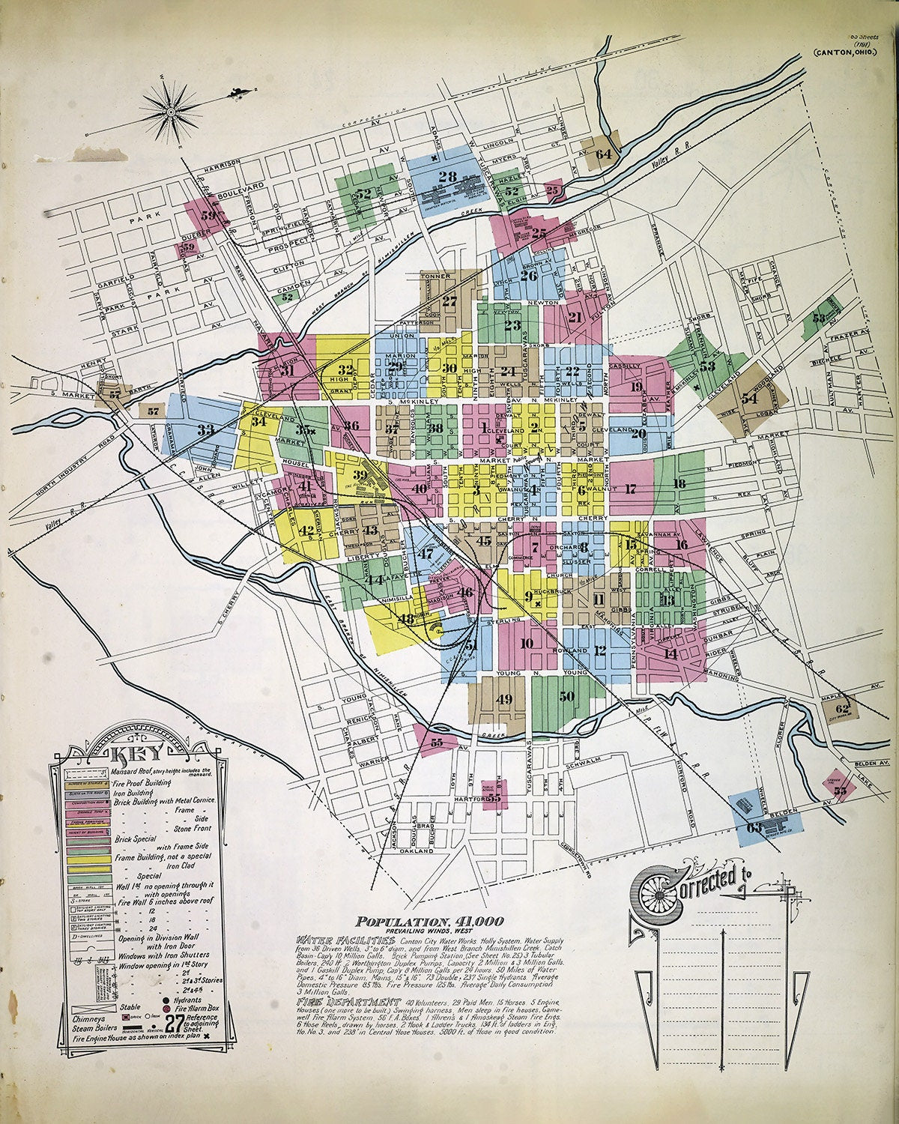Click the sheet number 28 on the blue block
tap(448, 177)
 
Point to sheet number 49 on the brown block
tap(504, 699)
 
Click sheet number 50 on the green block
tap(567, 696)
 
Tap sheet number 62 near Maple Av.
tap(843, 707)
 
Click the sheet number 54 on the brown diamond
tap(749, 399)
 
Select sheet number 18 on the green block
tap(679, 484)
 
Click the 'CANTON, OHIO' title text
tap(851, 73)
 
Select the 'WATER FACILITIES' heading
tap(346, 939)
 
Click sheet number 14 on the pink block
tap(671, 653)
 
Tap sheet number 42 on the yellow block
tap(306, 531)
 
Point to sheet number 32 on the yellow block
tap(345, 369)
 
